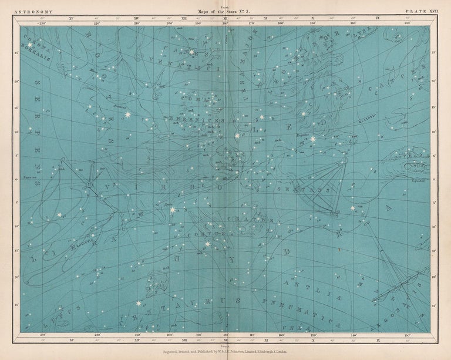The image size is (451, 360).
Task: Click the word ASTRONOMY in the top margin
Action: pyautogui.click(x=34, y=11)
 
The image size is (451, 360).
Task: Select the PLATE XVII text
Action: pyautogui.click(x=422, y=11)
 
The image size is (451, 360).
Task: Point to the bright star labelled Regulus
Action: pyautogui.click(x=313, y=139)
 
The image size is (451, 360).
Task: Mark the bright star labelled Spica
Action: pyautogui.click(x=173, y=210)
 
